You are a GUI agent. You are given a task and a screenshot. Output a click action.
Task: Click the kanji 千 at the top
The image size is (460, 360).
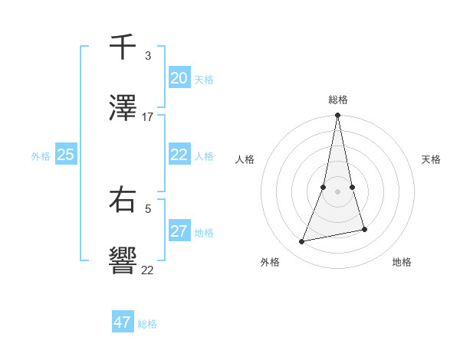pyautogui.click(x=123, y=47)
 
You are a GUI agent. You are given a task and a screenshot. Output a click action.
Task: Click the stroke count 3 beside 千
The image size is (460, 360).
pyautogui.click(x=148, y=56)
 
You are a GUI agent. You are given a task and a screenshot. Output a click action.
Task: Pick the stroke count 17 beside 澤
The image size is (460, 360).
pyautogui.click(x=148, y=117)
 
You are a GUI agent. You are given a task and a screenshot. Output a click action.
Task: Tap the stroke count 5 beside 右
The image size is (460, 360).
pyautogui.click(x=148, y=208)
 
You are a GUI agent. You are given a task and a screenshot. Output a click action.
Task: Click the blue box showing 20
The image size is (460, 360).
pyautogui.click(x=179, y=78)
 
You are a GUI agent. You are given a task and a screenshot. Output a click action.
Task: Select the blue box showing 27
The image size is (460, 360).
pyautogui.click(x=179, y=232)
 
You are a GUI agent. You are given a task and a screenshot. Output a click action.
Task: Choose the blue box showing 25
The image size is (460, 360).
pyautogui.click(x=66, y=155)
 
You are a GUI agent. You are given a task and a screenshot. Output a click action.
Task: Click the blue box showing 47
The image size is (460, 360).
pyautogui.click(x=123, y=322)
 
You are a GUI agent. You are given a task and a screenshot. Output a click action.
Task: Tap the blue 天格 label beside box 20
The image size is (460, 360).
pyautogui.click(x=204, y=80)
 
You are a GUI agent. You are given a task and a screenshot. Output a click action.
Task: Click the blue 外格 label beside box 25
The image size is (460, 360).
pyautogui.click(x=41, y=156)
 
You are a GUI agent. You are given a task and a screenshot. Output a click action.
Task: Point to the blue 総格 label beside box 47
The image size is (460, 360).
pyautogui.click(x=147, y=324)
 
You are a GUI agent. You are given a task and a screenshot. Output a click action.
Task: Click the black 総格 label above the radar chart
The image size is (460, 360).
pyautogui.click(x=338, y=100)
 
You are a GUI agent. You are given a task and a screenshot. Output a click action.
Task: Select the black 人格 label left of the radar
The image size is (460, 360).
pyautogui.click(x=245, y=159)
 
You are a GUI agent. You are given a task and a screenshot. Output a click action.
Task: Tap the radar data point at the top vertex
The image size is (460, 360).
pyautogui.click(x=338, y=116)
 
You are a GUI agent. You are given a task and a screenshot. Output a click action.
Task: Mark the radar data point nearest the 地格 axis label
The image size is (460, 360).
pyautogui.click(x=364, y=229)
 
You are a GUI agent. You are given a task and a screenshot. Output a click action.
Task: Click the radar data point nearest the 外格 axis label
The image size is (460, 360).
pyautogui.click(x=302, y=242)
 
